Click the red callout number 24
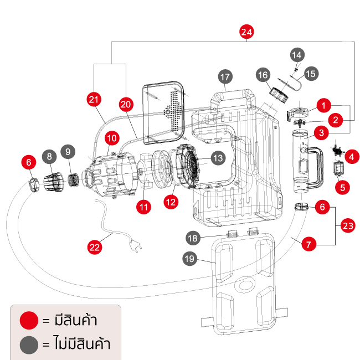(x=247, y=32)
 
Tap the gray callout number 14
(x=297, y=54)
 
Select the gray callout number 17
(x=224, y=76)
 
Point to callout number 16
(x=263, y=75)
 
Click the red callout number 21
(x=95, y=99)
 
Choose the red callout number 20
(x=126, y=103)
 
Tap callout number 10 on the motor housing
(x=112, y=137)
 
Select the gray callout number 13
(x=218, y=158)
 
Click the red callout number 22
(x=95, y=247)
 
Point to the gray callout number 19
(x=191, y=258)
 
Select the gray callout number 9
(x=68, y=151)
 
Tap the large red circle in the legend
(x=29, y=320)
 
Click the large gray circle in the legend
(x=29, y=344)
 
